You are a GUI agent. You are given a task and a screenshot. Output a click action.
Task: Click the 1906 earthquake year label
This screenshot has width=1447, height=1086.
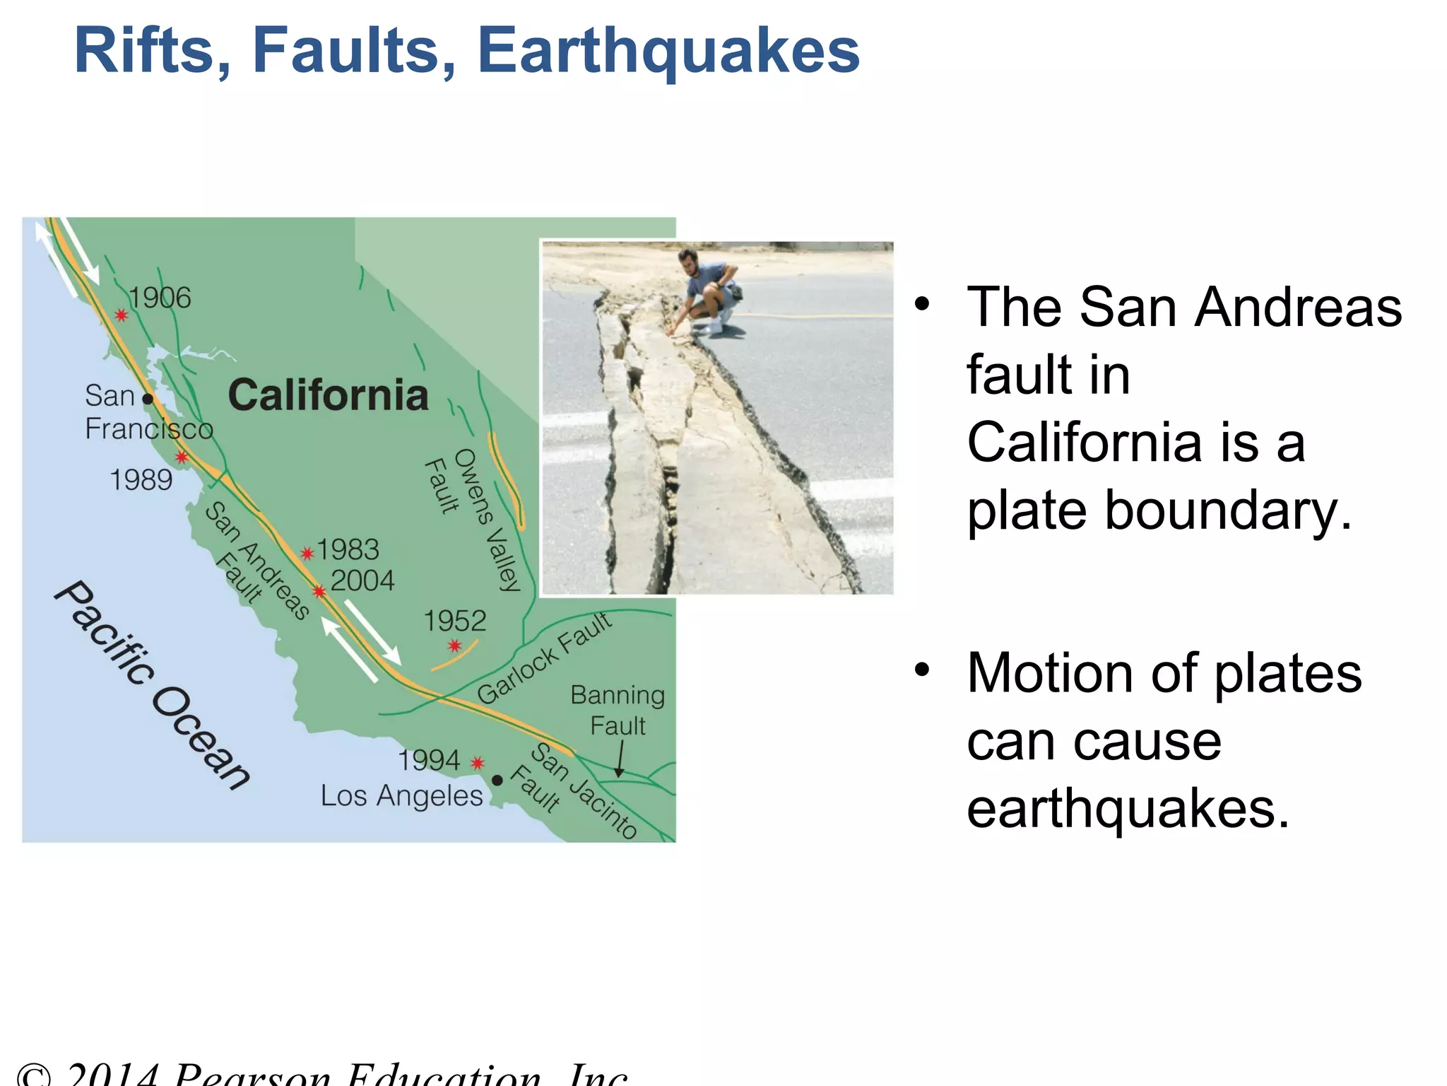pos(160,298)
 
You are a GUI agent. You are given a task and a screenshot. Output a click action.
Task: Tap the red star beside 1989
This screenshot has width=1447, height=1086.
pos(182,457)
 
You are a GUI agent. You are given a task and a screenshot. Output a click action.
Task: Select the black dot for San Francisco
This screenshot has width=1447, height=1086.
pos(148,399)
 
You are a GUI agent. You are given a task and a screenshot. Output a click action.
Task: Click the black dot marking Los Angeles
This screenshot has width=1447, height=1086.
pos(497,780)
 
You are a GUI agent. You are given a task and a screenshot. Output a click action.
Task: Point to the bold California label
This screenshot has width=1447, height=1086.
pos(328,395)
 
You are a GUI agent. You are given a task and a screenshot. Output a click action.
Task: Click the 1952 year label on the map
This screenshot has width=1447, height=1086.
pos(454,621)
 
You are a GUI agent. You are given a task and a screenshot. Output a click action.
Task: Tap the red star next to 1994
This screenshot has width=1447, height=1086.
pos(478,763)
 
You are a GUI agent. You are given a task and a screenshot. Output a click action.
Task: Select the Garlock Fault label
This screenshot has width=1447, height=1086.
pos(544,658)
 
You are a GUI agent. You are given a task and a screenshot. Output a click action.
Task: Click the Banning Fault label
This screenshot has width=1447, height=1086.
pos(618,710)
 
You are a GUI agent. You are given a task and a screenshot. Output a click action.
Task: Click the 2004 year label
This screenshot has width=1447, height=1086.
pos(362,580)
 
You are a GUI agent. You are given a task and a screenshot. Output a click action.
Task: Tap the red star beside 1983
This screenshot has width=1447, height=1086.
pos(307,553)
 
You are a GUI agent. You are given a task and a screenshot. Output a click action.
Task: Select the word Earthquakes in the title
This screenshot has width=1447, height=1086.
pos(668,51)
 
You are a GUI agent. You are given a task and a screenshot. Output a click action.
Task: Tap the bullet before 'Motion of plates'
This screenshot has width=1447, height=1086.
pos(922,669)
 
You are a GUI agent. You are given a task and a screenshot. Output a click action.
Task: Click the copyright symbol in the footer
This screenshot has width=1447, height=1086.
pos(33,1076)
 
